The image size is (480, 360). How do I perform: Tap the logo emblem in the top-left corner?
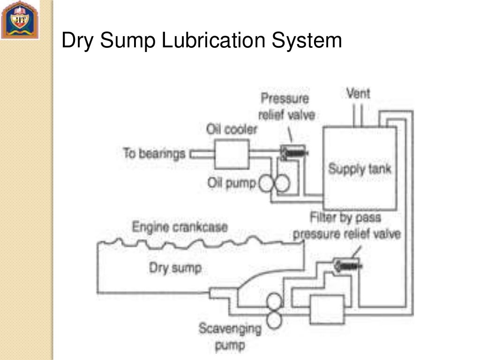pos(20,20)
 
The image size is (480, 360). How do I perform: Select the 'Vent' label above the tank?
pos(358,93)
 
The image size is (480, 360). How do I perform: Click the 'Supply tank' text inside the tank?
pos(359,168)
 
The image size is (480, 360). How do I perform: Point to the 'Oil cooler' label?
pos(232,129)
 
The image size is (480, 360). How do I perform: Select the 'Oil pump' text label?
pos(232,183)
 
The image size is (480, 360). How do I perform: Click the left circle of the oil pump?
pos(266,184)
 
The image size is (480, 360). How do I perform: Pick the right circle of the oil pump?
pos(282,184)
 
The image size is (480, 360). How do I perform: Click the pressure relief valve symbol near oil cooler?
pos(292,151)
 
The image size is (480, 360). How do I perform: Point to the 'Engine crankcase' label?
pos(180,227)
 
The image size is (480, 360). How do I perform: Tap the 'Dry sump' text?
pos(175,268)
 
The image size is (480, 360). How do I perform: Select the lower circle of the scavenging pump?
pos(273,320)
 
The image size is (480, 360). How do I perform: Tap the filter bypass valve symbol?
pos(347,265)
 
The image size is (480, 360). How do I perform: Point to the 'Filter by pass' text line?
pos(345,217)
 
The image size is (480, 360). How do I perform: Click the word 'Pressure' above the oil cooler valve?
pos(285,99)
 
